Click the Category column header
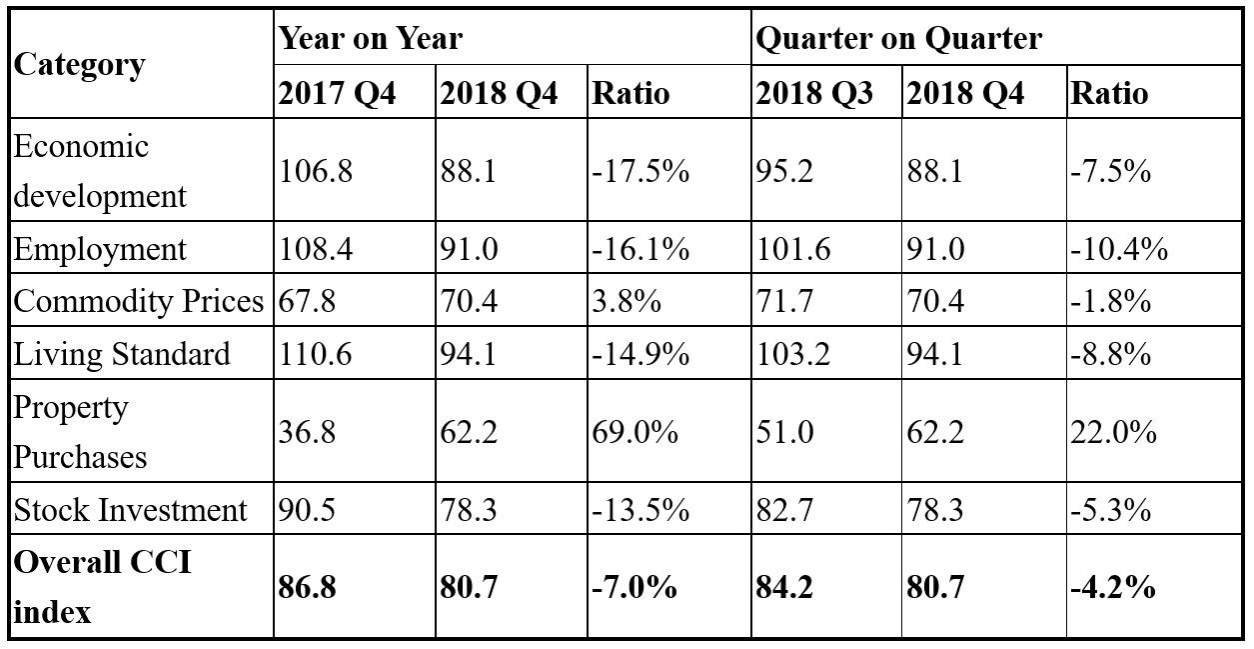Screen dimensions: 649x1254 coord(79,65)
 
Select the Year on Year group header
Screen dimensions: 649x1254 coord(370,39)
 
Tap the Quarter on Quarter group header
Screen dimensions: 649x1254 coord(898,39)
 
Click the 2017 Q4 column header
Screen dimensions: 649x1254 coord(337,93)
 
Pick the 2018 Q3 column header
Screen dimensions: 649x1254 coord(813,93)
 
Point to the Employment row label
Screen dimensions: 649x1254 coord(100,249)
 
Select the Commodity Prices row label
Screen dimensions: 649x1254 coord(139,301)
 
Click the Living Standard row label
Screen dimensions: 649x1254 coord(122,354)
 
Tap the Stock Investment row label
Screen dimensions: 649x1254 coord(130,510)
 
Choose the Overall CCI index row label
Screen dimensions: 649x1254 coord(102,586)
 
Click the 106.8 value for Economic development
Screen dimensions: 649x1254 coord(315,171)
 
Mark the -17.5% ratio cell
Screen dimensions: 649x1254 coord(640,171)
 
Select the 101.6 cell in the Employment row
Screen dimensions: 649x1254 coord(793,249)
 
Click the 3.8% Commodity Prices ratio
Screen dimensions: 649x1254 coord(627,301)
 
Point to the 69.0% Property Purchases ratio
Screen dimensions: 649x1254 coord(635,432)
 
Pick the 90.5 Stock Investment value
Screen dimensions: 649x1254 coord(307,510)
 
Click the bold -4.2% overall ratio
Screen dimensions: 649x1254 coord(1112,586)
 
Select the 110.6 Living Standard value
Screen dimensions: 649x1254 coord(315,354)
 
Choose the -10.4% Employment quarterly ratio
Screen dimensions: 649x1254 coord(1118,249)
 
